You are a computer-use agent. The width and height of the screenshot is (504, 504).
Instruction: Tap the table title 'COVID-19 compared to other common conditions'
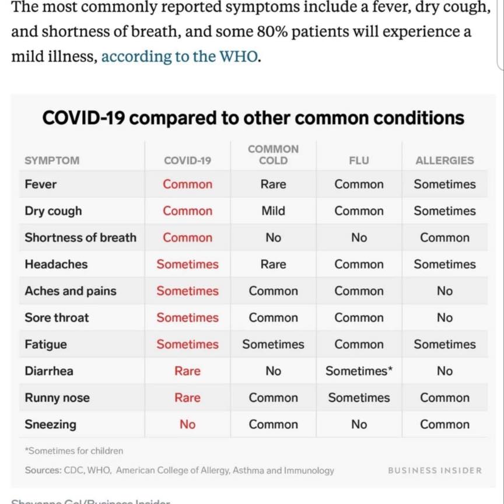253,118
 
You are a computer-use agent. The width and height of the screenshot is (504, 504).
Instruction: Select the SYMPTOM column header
52,160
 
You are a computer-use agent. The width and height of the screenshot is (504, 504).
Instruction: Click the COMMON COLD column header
273,155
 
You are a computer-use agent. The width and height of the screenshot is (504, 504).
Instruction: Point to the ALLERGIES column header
444,160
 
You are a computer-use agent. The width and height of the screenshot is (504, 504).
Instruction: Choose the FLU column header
359,160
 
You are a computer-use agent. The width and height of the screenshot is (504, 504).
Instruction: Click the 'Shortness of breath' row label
80,237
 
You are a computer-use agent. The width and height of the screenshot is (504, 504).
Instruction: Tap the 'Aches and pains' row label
71,291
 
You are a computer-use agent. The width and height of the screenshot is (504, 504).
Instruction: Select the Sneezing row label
50,425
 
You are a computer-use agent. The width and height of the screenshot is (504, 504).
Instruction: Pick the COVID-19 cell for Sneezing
187,425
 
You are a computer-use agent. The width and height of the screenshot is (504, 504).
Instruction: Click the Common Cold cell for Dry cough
273,211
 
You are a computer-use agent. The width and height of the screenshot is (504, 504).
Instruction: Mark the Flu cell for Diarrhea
359,371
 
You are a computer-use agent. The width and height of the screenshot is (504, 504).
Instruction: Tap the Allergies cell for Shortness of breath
444,237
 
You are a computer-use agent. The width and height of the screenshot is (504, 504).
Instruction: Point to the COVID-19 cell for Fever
187,184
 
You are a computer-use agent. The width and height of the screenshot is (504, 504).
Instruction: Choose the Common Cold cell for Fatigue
273,344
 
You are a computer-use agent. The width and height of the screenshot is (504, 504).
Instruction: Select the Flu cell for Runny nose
359,398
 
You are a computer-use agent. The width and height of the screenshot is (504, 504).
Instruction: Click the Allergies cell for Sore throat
444,318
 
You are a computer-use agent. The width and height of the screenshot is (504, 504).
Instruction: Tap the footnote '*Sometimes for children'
74,451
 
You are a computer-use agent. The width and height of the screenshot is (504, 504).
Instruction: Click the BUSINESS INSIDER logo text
435,470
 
